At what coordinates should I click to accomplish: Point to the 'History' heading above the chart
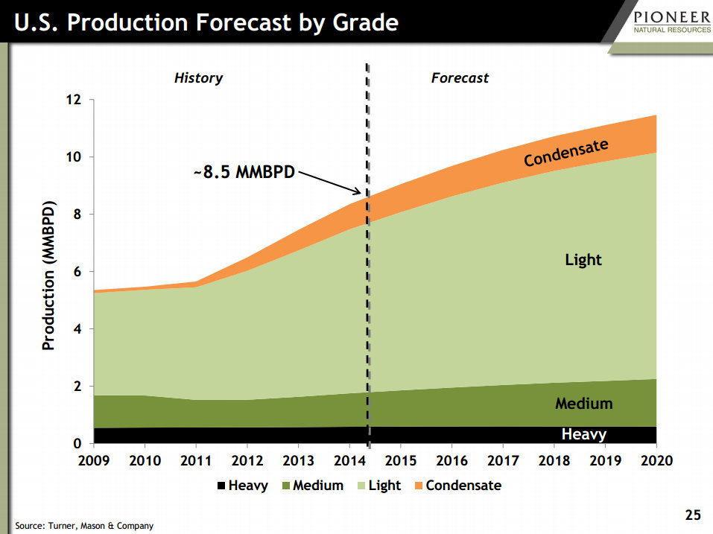[x=198, y=77]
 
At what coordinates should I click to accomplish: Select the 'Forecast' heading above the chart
[x=460, y=77]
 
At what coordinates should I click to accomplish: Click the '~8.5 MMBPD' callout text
[x=243, y=172]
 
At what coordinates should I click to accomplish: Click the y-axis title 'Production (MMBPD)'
[x=48, y=276]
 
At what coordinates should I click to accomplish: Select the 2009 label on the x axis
[x=94, y=460]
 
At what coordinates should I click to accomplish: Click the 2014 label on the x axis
[x=349, y=460]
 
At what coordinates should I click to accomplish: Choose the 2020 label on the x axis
[x=656, y=460]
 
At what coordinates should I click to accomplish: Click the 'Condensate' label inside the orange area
[x=565, y=153]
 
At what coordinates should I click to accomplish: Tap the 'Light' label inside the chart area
[x=583, y=260]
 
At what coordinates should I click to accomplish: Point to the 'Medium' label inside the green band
[x=583, y=404]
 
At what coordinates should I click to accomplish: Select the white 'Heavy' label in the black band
[x=583, y=434]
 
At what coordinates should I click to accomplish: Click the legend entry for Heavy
[x=242, y=486]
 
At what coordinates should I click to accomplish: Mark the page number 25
[x=693, y=515]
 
